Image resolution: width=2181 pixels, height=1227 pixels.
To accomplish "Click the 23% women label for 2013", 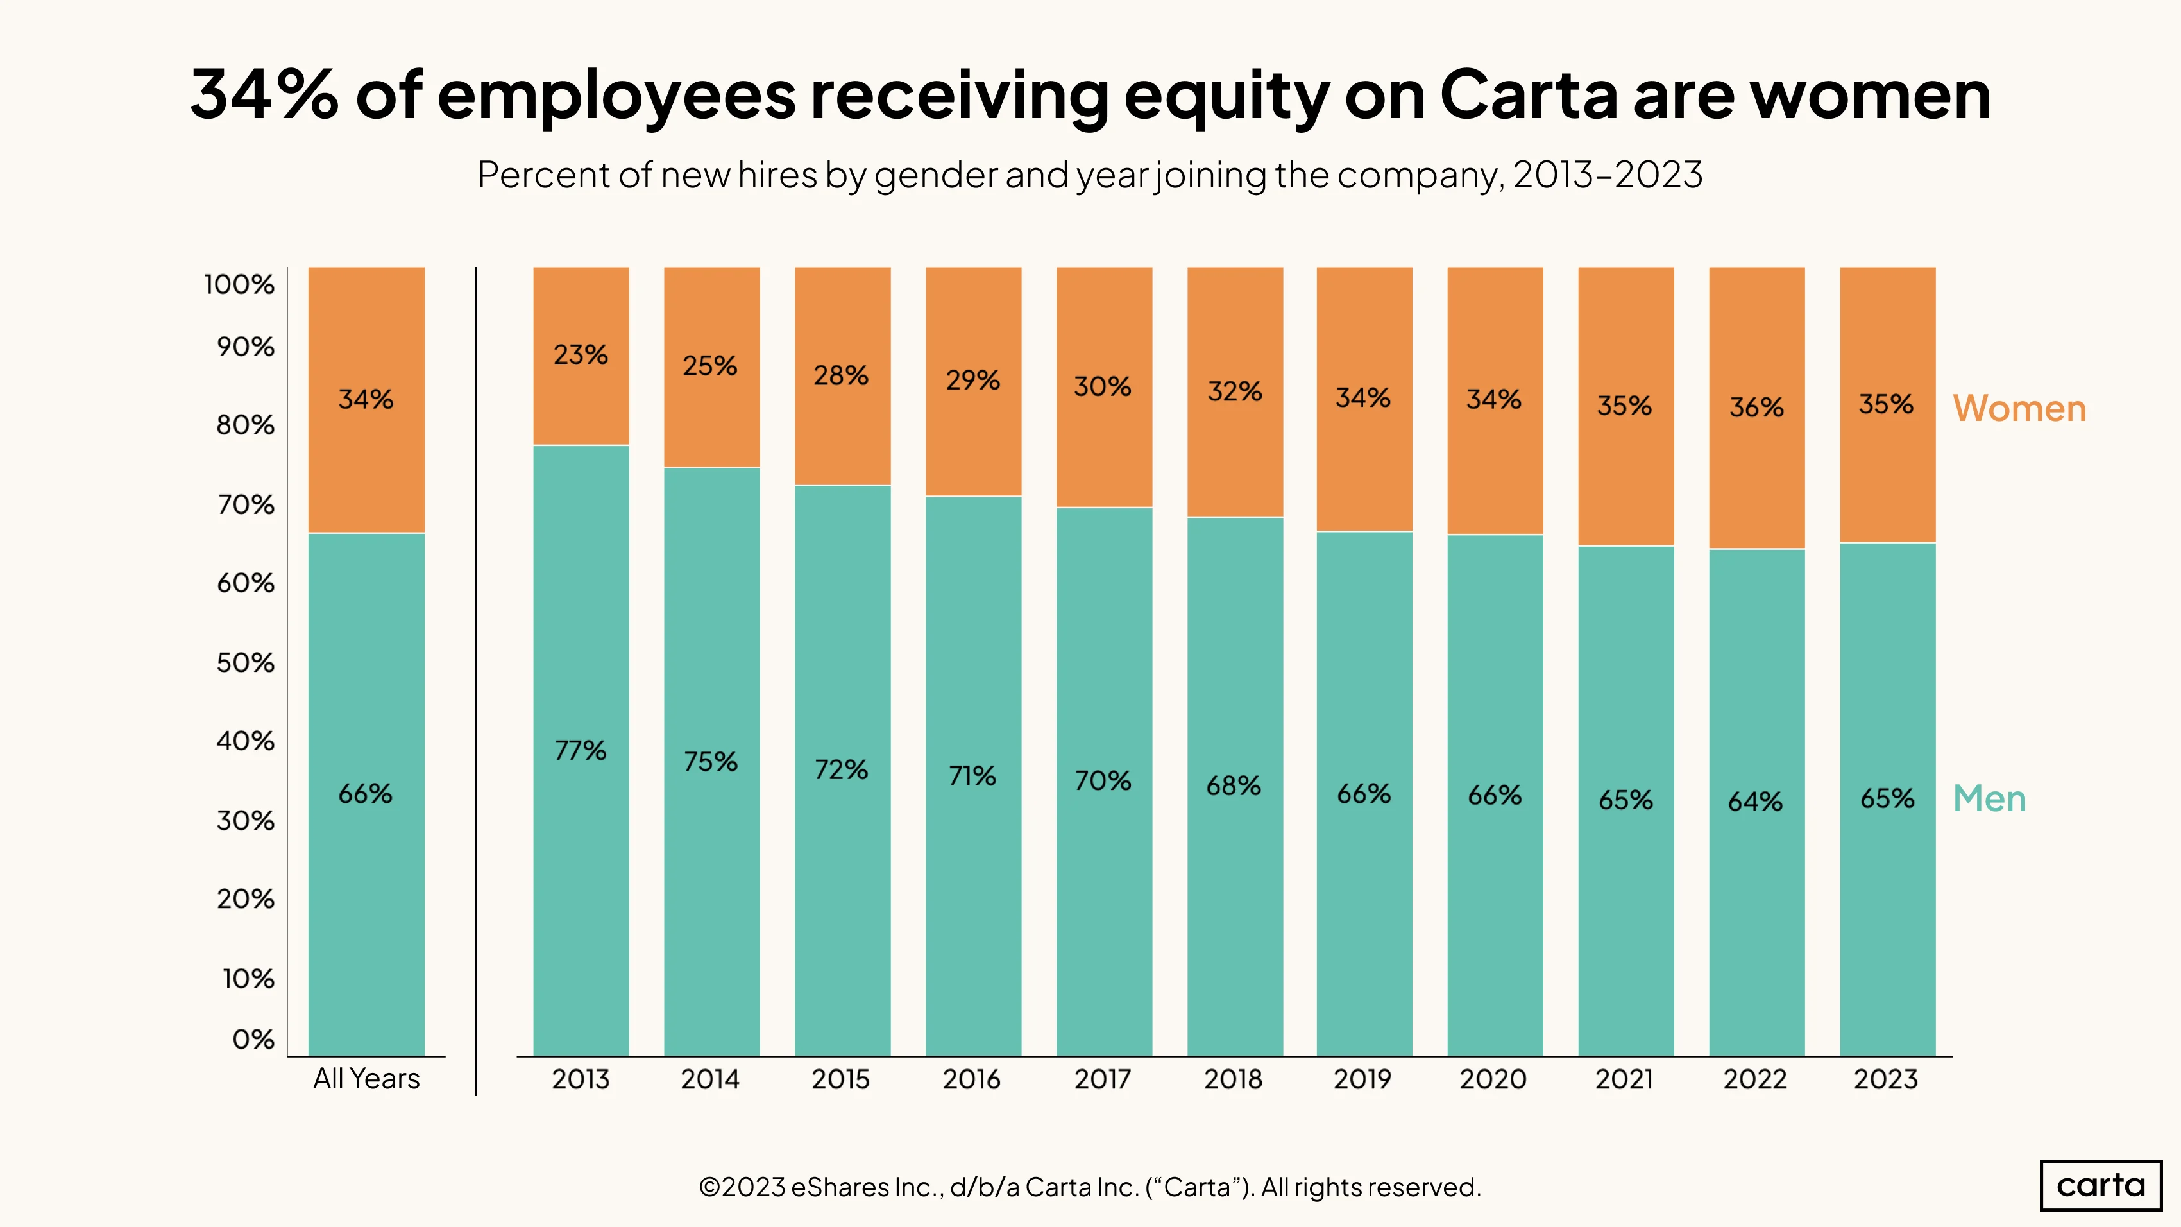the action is pyautogui.click(x=581, y=354).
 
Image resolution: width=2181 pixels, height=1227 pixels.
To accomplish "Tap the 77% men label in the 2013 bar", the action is pyautogui.click(x=581, y=750).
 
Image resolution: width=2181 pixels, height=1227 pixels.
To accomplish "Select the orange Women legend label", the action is pyautogui.click(x=2019, y=408).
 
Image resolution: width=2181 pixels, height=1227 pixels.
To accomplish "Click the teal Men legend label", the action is pyautogui.click(x=1990, y=798).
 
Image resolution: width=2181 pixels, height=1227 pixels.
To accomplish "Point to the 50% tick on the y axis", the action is pyautogui.click(x=246, y=662).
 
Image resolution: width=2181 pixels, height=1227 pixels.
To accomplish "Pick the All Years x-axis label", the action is pyautogui.click(x=367, y=1079).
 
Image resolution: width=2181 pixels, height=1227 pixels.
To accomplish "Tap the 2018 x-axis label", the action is pyautogui.click(x=1234, y=1079).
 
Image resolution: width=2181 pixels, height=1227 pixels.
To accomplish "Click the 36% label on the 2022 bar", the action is pyautogui.click(x=1757, y=408).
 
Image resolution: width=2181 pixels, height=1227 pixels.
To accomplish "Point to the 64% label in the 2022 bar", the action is pyautogui.click(x=1756, y=801).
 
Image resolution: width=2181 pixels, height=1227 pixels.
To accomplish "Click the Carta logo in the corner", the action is pyautogui.click(x=2101, y=1185).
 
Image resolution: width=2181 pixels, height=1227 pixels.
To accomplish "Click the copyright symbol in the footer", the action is pyautogui.click(x=710, y=1187).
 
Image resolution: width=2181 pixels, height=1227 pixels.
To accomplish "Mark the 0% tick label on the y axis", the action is pyautogui.click(x=253, y=1039).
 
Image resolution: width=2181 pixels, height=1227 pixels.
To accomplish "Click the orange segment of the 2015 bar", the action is pyautogui.click(x=842, y=376).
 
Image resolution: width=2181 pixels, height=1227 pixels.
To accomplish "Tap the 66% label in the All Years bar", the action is pyautogui.click(x=366, y=793).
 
